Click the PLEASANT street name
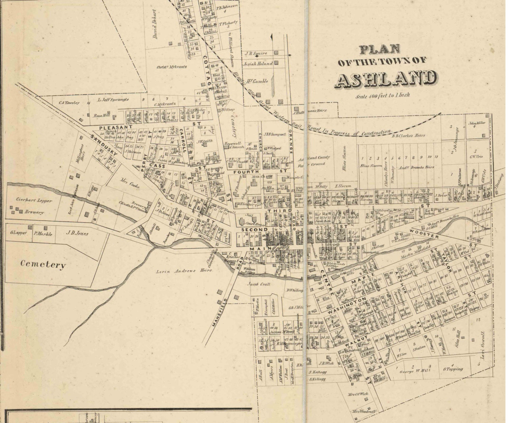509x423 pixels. pyautogui.click(x=111, y=127)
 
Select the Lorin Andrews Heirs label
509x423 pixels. pyautogui.click(x=184, y=271)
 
